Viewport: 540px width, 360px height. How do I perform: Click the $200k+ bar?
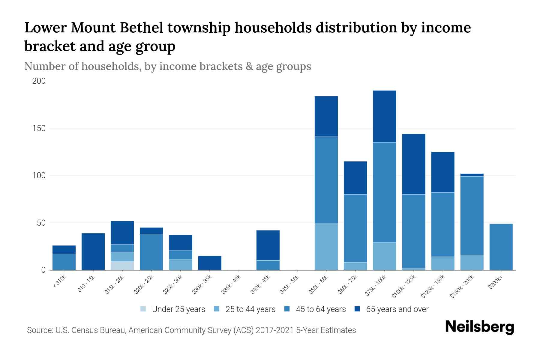pyautogui.click(x=501, y=247)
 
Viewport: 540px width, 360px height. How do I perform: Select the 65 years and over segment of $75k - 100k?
pyautogui.click(x=384, y=116)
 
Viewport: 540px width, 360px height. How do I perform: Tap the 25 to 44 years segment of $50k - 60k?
pyautogui.click(x=326, y=247)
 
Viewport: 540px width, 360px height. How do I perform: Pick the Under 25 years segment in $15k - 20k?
pyautogui.click(x=122, y=265)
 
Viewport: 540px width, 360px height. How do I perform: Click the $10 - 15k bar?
pyautogui.click(x=93, y=251)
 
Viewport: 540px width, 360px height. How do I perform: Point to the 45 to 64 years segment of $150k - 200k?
pyautogui.click(x=472, y=215)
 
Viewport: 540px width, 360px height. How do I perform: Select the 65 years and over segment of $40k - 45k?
pyautogui.click(x=268, y=245)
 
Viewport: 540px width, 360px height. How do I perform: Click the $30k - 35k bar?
pyautogui.click(x=210, y=263)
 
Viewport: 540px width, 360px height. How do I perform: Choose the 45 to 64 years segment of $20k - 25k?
pyautogui.click(x=151, y=252)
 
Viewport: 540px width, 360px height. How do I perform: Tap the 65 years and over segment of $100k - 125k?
pyautogui.click(x=413, y=164)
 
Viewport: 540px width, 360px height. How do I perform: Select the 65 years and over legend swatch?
pyautogui.click(x=357, y=309)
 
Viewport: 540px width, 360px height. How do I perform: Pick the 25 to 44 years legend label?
pyautogui.click(x=250, y=309)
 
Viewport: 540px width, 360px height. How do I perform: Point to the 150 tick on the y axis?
pyautogui.click(x=39, y=128)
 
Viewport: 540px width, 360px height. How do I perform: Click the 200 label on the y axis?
pyautogui.click(x=39, y=81)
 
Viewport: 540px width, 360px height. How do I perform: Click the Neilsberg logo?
pyautogui.click(x=480, y=327)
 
